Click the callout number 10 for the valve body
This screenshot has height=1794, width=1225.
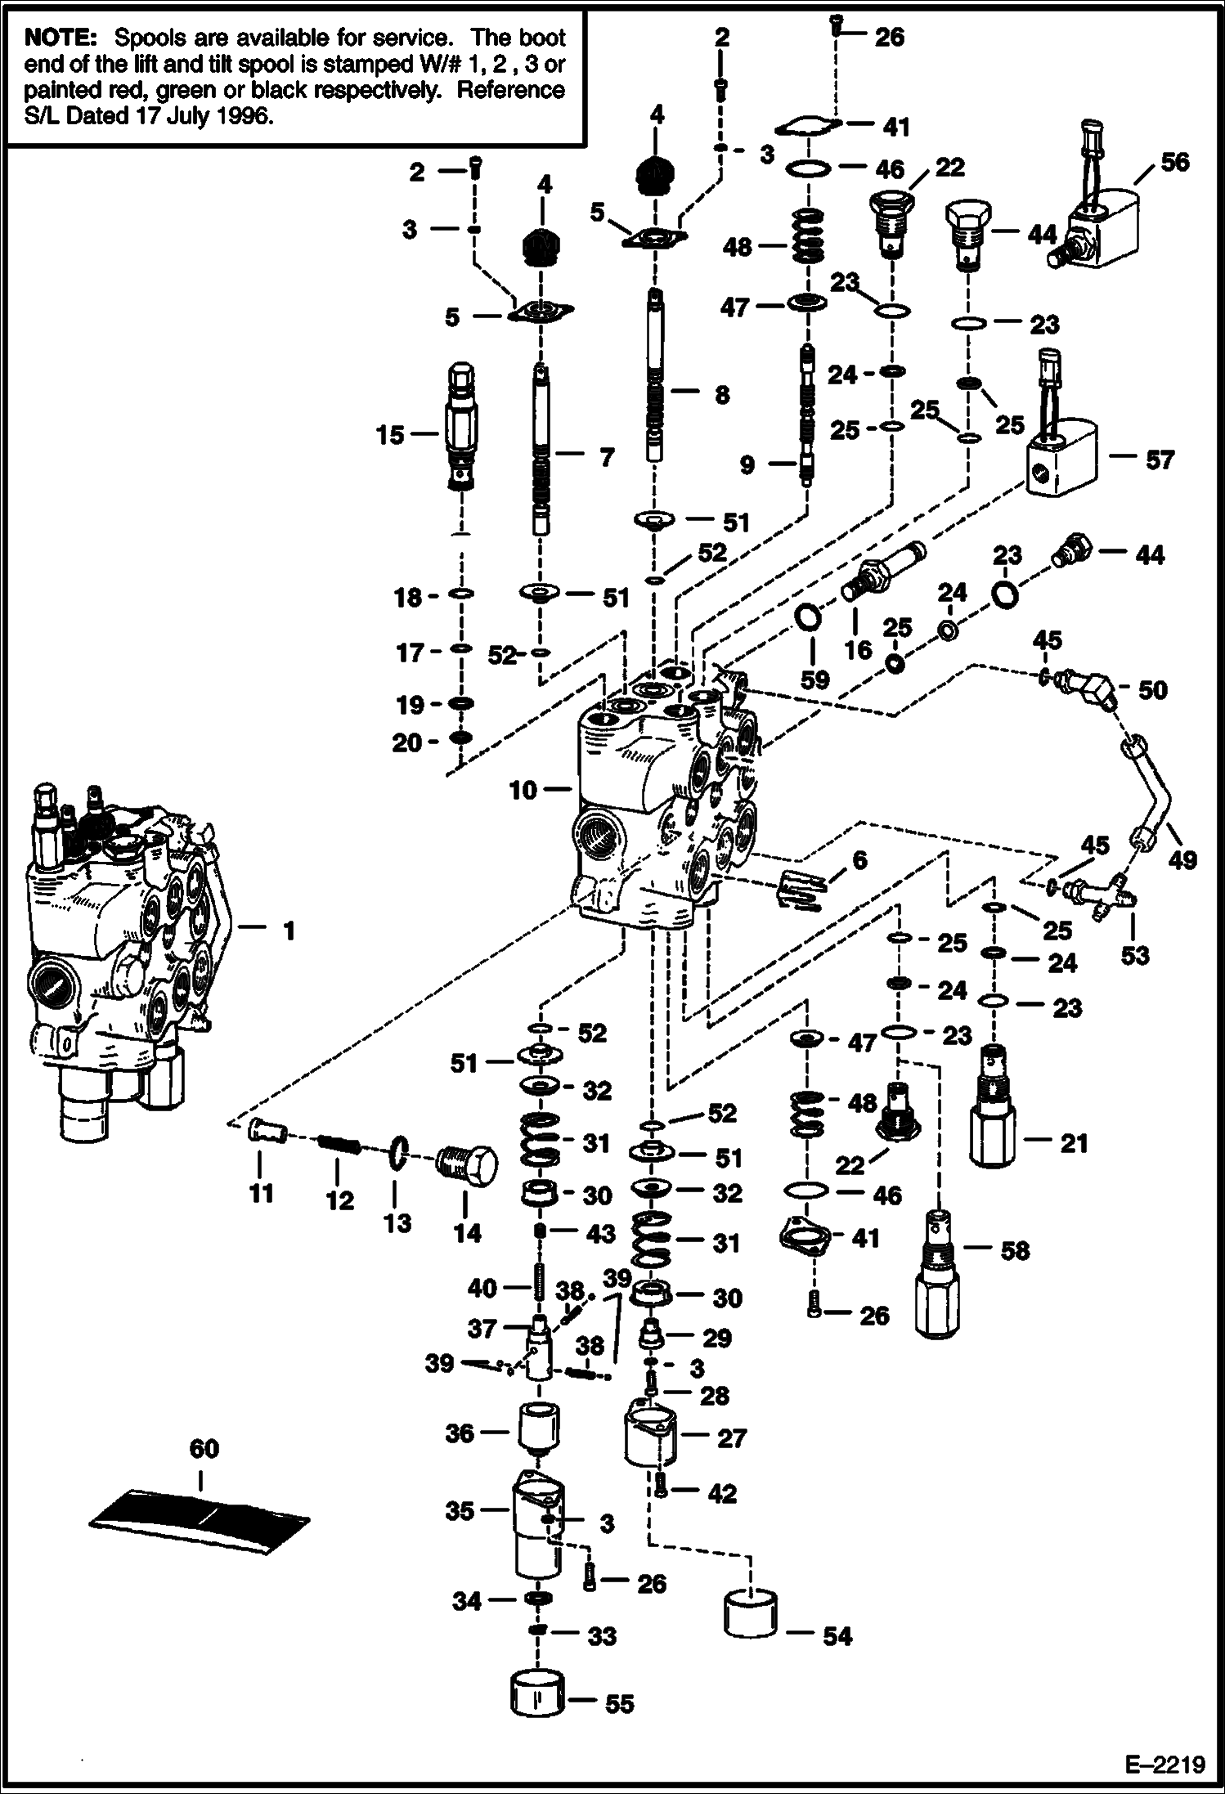click(x=522, y=790)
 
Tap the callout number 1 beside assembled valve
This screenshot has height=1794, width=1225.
click(x=288, y=931)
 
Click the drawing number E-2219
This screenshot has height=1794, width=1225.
click(x=1164, y=1765)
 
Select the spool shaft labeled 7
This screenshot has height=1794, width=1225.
click(x=541, y=450)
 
